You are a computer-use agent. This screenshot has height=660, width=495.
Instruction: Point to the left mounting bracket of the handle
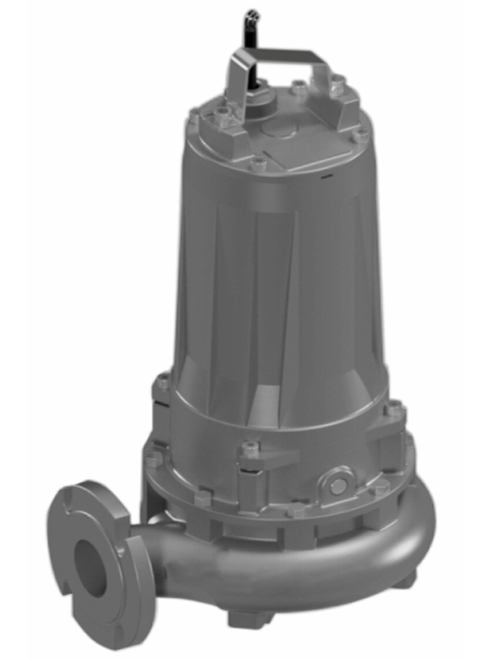pos(236,111)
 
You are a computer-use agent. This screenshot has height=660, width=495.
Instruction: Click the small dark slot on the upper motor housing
pos(328,176)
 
